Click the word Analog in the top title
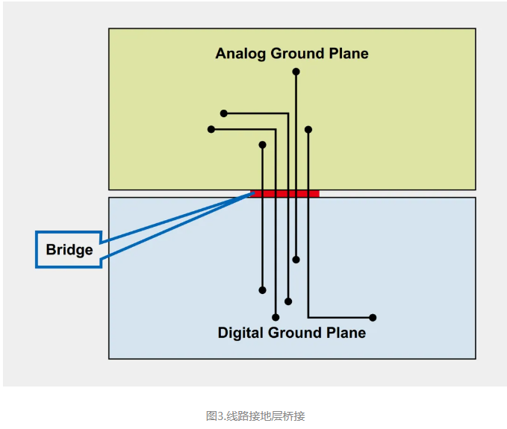(x=240, y=54)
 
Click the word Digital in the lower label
(x=242, y=333)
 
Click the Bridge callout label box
(x=69, y=249)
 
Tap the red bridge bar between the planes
(x=288, y=193)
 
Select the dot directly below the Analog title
(x=296, y=72)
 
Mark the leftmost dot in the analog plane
(x=211, y=129)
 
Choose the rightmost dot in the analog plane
(x=308, y=129)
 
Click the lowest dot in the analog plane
(x=262, y=145)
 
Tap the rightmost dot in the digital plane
(x=373, y=318)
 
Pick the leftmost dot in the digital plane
(x=262, y=290)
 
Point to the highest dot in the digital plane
(x=296, y=260)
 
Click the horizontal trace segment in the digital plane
(x=340, y=318)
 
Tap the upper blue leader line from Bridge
(x=175, y=218)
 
